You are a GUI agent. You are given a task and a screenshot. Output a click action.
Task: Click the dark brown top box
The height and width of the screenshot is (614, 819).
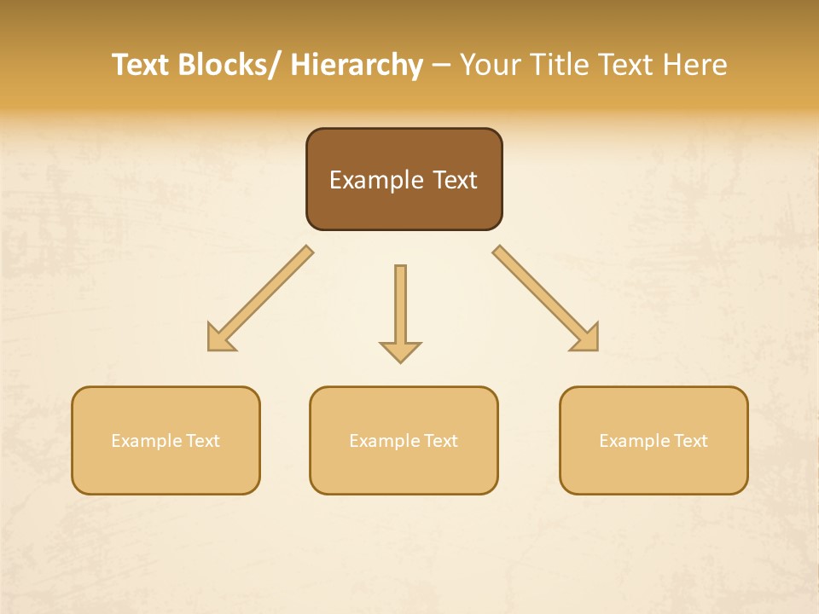point(404,179)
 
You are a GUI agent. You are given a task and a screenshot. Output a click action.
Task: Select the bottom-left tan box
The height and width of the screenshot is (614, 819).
point(166,440)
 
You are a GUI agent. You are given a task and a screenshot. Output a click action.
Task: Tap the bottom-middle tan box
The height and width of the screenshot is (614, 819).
point(404,440)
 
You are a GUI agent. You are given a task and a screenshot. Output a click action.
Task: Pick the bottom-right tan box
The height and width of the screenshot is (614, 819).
point(653,440)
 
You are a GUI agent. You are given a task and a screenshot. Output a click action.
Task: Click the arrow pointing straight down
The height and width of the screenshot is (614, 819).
point(400,312)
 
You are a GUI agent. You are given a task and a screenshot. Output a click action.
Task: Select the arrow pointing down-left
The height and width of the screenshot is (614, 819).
point(260,298)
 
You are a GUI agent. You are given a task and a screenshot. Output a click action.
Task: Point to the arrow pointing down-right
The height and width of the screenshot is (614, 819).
point(545,298)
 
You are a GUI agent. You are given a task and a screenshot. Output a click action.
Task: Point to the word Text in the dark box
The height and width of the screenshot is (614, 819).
point(455,180)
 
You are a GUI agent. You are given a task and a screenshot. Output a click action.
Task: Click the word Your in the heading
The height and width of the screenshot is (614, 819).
point(489,65)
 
